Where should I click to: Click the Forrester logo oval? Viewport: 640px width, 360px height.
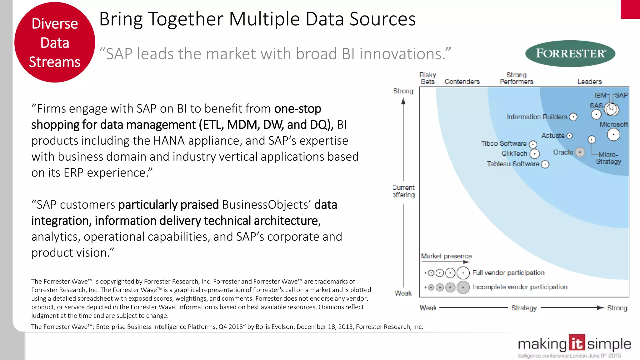[x=570, y=53]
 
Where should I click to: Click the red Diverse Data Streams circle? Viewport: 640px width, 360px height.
[x=55, y=42]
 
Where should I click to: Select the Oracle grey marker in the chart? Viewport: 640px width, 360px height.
[x=580, y=152]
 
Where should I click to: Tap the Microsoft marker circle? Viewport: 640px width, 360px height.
[x=613, y=135]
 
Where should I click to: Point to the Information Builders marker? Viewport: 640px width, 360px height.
[x=573, y=117]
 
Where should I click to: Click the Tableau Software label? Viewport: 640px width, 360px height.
[x=513, y=164]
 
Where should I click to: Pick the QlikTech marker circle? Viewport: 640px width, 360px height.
[x=535, y=154]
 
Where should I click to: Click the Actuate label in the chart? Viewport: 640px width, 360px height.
[x=553, y=136]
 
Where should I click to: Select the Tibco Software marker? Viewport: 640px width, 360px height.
[x=533, y=144]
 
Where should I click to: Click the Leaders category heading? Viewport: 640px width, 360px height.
[x=589, y=82]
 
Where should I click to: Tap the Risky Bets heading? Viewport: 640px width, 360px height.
[x=427, y=78]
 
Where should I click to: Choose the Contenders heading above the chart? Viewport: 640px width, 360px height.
[x=462, y=82]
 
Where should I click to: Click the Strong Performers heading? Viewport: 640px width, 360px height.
[x=516, y=78]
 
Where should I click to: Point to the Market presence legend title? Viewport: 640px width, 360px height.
[x=446, y=256]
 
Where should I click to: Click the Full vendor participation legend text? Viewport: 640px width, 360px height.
[x=508, y=273]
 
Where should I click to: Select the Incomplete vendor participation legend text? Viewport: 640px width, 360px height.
[x=520, y=287]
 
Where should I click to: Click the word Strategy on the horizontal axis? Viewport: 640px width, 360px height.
[x=524, y=308]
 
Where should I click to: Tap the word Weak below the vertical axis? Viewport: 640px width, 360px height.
[x=403, y=293]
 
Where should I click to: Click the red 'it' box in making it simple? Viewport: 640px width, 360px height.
[x=577, y=343]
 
